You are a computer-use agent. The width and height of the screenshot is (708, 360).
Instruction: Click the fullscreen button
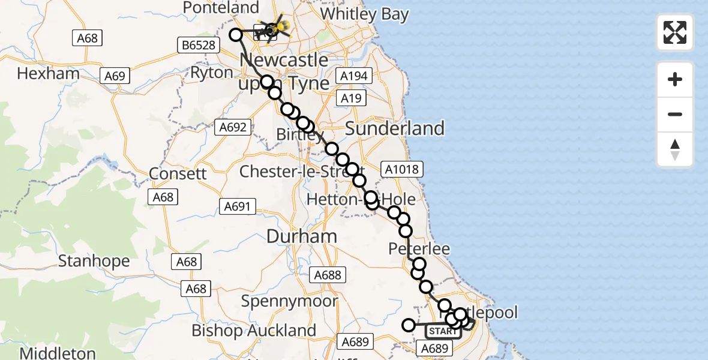point(675,32)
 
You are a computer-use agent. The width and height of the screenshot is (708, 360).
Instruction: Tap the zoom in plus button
point(675,79)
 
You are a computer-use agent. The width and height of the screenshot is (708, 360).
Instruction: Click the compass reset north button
point(675,150)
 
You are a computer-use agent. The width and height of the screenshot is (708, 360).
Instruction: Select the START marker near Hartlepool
point(443,331)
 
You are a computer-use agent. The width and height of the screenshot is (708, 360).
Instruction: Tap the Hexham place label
point(49,74)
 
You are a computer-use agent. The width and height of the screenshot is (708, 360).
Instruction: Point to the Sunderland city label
point(395,128)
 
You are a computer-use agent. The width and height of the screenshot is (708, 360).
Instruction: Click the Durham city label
point(302,236)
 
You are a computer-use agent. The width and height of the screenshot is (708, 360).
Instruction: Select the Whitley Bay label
point(364,14)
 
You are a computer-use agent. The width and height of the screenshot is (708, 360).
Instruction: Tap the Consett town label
point(178,173)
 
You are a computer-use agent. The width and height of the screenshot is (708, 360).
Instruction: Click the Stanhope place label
point(94,261)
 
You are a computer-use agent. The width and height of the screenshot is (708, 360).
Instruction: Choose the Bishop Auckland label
point(254,331)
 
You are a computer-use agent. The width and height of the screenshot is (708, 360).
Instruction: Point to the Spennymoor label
point(290,301)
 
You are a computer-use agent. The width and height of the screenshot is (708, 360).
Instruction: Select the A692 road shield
point(233,127)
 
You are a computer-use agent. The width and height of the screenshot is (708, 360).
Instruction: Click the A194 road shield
point(354,76)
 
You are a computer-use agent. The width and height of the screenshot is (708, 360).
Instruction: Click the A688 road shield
point(328,275)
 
